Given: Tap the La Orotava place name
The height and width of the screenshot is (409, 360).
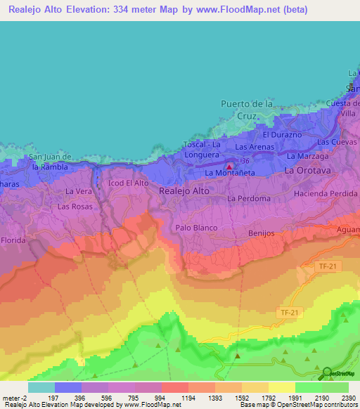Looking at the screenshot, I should [x=307, y=171].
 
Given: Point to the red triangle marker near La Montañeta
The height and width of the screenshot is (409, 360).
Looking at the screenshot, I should [x=229, y=167].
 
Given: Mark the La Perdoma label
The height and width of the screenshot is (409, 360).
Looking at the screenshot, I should [x=249, y=199].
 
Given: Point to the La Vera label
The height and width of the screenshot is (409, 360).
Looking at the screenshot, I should [x=79, y=191].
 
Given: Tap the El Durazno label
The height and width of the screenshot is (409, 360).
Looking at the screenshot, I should [x=282, y=134].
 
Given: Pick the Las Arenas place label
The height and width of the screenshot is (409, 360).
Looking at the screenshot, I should [x=255, y=147].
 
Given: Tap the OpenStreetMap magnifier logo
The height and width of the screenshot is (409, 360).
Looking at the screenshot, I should [x=326, y=372].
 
